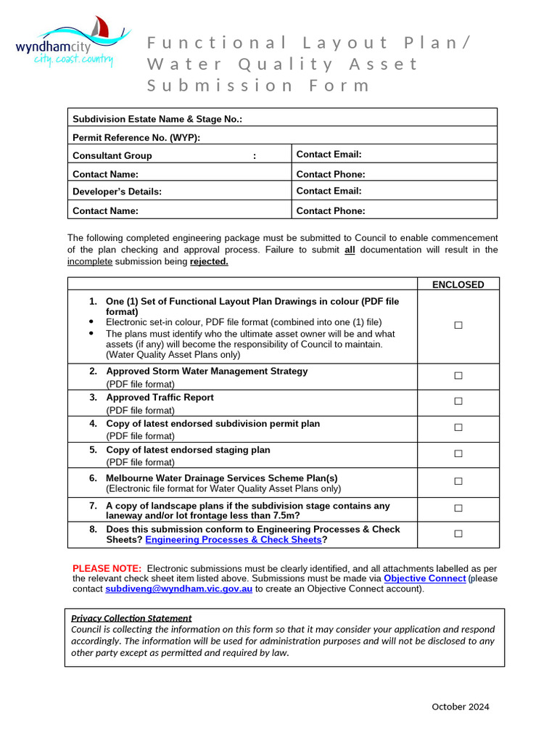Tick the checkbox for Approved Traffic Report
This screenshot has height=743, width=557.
(458, 401)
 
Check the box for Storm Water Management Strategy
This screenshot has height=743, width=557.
(458, 375)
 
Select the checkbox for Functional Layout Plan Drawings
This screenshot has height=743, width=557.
(458, 326)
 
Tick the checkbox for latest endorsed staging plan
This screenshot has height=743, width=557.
(458, 453)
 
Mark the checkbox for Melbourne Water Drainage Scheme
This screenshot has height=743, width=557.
(458, 481)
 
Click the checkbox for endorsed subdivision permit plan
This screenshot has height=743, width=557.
(458, 427)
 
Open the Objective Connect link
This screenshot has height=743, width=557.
(424, 578)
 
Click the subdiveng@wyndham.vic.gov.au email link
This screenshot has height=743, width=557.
(178, 589)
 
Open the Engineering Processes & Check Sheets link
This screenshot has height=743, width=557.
(233, 540)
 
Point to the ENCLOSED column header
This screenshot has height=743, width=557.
(458, 284)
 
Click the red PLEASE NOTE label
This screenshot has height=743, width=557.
(107, 567)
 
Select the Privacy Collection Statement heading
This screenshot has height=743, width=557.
(131, 618)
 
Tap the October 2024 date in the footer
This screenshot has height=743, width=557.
(460, 707)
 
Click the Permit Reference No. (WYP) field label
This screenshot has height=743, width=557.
(136, 137)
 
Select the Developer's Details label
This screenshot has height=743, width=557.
(117, 192)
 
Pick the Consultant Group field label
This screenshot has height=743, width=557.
(112, 155)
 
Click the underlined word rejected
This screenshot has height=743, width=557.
(209, 261)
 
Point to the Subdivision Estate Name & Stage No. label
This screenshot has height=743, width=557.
(157, 119)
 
